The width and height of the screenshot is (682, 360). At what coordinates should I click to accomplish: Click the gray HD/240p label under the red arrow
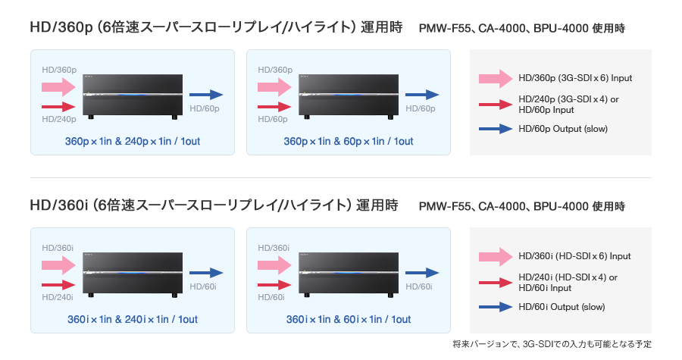coord(59,119)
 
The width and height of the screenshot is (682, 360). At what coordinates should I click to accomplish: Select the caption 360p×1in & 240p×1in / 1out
coord(133,141)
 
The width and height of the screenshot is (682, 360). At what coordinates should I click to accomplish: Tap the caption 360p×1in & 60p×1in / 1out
coord(349,141)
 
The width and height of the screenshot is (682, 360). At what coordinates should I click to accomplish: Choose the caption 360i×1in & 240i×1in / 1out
coord(133,320)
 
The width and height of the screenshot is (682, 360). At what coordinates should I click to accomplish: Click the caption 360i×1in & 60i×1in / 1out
coord(349,320)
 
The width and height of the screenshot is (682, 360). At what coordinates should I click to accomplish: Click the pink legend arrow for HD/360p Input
coord(496,78)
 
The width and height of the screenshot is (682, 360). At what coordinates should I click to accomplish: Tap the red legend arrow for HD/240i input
coord(496,281)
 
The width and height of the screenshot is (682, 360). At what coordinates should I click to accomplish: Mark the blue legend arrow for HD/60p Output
coord(496,129)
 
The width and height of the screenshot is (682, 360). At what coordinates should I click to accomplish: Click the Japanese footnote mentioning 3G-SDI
coord(552,344)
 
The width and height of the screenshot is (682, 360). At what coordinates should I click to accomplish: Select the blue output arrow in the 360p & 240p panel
coord(205,95)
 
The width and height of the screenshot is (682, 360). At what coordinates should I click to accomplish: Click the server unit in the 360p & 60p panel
coord(349,96)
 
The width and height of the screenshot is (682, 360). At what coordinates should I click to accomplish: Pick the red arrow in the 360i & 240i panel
coord(58,285)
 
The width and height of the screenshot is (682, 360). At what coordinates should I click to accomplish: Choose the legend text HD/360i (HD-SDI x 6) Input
coord(574,256)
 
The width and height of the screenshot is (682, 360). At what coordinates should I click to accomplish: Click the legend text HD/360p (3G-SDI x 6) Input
coord(575,78)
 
